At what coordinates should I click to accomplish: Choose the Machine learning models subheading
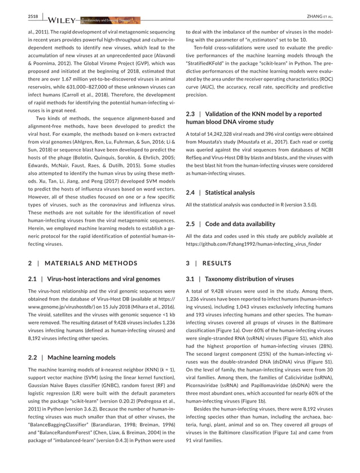82,357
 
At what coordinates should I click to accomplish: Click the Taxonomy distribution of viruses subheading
249,279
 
